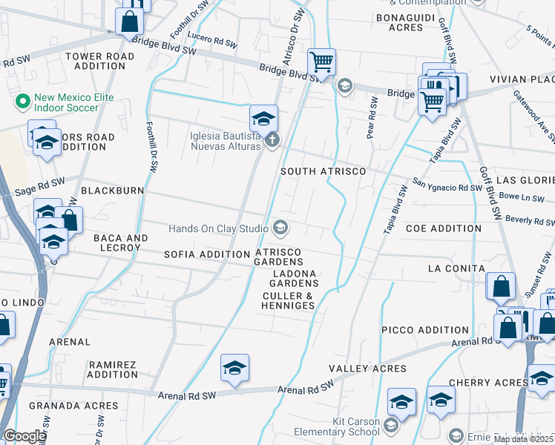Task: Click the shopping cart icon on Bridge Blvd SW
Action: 321,63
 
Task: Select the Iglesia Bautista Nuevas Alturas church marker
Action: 273,140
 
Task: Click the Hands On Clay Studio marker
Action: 280,228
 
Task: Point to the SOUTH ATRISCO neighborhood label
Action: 323,171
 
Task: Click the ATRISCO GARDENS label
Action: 279,257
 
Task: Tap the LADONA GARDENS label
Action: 293,278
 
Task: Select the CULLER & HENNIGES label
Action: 289,300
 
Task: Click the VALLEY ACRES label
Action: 367,369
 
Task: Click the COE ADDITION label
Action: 442,228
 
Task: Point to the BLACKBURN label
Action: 112,191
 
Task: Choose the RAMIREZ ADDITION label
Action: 113,369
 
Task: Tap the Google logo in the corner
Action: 24,436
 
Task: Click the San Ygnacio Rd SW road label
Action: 447,186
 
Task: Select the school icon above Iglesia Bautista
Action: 263,118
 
